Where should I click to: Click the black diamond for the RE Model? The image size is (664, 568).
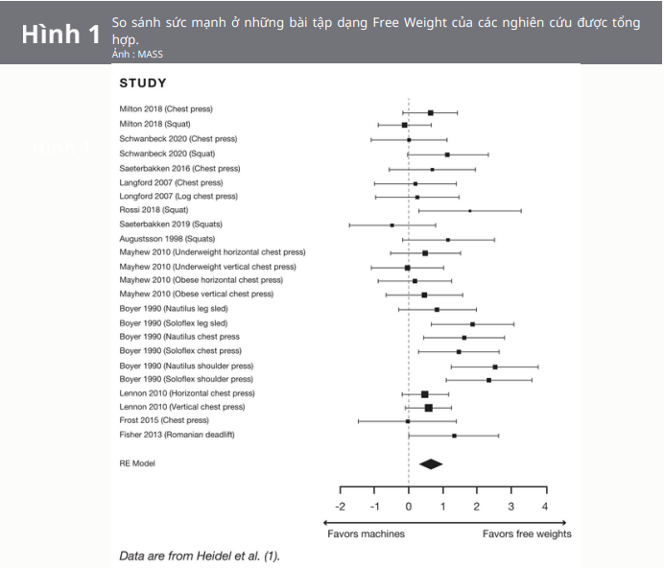coord(431,463)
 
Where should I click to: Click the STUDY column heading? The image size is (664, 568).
coord(142,83)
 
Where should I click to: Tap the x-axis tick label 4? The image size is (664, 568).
coord(545,506)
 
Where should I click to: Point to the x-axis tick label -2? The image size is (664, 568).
coord(340,506)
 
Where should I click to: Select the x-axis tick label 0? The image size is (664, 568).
coord(409,506)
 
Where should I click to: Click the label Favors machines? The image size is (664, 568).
coord(366,533)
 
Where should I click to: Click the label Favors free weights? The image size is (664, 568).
coord(526,533)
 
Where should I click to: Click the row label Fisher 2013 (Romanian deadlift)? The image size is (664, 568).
coord(177,436)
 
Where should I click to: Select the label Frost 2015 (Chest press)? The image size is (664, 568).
coord(164,421)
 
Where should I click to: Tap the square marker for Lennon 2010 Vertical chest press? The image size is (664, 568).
coord(428,408)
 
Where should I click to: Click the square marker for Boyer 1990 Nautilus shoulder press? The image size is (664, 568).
coord(495,367)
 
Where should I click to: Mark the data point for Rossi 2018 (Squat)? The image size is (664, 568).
coord(470,210)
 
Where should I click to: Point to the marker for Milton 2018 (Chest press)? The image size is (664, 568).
coord(431,112)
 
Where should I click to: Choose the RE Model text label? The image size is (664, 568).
coord(137,463)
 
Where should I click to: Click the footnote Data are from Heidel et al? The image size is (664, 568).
coord(199,556)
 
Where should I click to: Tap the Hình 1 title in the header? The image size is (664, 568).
coord(60,35)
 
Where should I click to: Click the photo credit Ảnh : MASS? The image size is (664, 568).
coord(130,55)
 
